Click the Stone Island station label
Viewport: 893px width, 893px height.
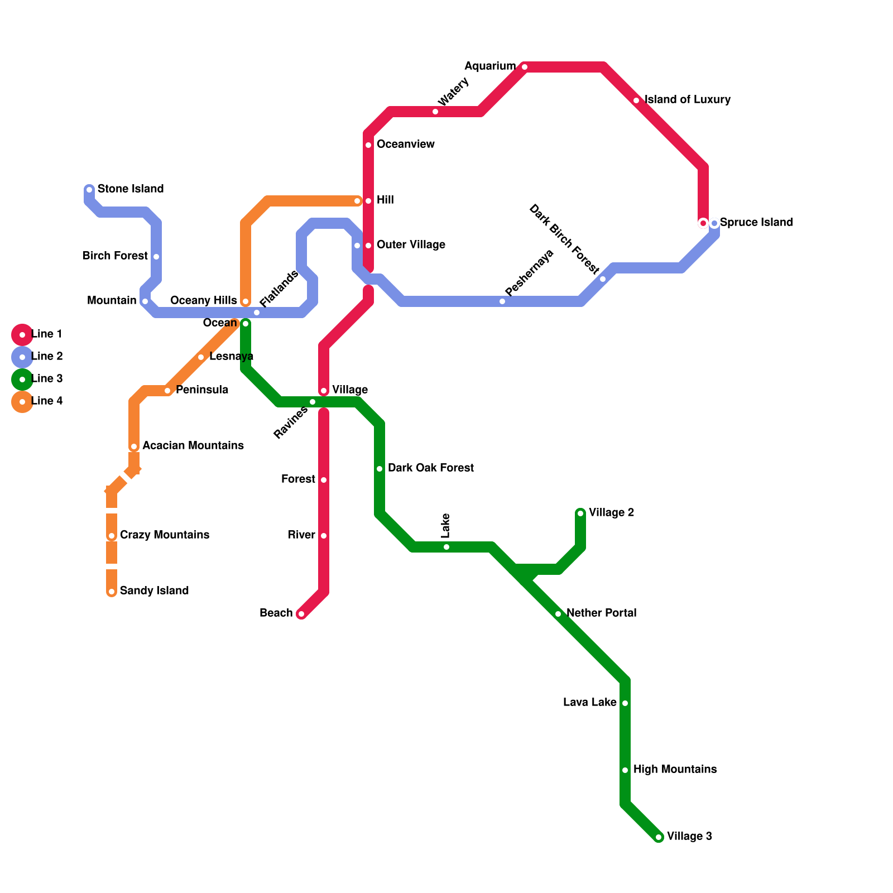coord(131,189)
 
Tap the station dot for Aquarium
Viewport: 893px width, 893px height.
coord(525,67)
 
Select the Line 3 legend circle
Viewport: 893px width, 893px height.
coord(22,380)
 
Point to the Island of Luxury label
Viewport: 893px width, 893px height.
coord(688,100)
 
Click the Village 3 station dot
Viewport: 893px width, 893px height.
coord(659,837)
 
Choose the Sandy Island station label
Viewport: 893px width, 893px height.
coord(154,591)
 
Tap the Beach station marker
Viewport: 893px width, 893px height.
coord(301,614)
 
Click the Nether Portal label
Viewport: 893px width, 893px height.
coord(601,613)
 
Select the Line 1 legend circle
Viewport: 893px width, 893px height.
coord(22,335)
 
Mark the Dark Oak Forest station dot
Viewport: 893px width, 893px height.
coord(380,469)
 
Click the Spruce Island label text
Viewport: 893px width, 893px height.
coord(756,223)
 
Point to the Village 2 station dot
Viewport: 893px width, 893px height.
coord(580,513)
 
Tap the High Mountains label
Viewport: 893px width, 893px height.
coord(675,770)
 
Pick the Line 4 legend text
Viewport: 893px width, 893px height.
coord(47,401)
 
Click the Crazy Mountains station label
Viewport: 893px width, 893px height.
coord(165,535)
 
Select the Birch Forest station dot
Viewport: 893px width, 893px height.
coord(156,257)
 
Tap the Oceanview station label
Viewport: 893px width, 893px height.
coord(405,145)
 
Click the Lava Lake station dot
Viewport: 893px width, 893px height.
coord(625,703)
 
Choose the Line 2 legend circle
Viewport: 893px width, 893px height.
coord(22,357)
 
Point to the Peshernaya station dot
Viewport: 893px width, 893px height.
coord(502,301)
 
